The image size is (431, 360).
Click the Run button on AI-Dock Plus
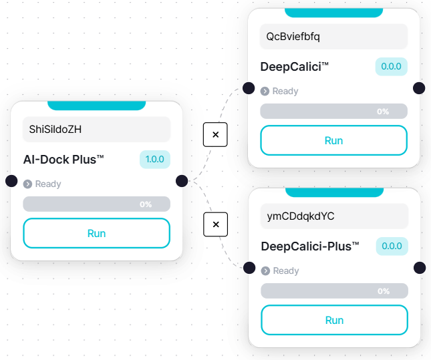coord(96,233)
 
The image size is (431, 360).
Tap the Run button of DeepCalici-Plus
coord(333,320)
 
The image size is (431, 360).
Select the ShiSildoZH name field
coord(96,130)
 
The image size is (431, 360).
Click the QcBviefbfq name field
coord(333,37)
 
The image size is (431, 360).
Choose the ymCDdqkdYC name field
coord(333,216)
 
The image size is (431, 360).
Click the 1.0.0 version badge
coord(154,160)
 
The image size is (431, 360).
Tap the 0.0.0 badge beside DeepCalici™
coord(391,67)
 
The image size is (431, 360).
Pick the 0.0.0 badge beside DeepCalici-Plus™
coord(392,246)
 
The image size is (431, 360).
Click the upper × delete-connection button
coord(215,135)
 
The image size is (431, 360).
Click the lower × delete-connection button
coord(215,224)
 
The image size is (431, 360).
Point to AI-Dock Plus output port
coord(182,181)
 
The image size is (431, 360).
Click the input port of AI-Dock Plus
coord(11,181)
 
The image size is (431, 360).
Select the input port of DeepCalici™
coord(249,88)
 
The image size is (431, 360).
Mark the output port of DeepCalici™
coord(419,88)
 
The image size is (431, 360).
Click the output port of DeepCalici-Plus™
coord(420,268)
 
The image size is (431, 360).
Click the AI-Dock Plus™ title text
coord(63,160)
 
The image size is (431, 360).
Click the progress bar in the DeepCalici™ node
coord(333,112)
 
